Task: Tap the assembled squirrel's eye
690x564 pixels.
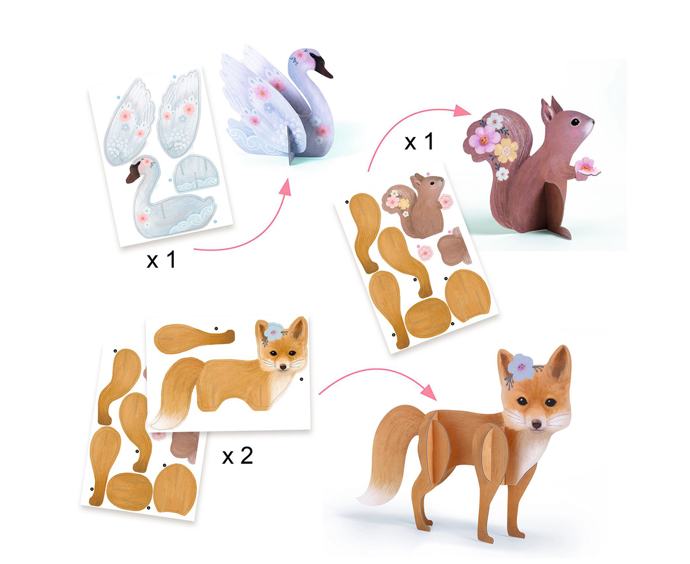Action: click(575, 122)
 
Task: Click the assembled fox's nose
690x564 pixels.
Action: click(537, 425)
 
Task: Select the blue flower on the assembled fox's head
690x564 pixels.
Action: click(521, 367)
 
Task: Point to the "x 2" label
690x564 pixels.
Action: click(238, 456)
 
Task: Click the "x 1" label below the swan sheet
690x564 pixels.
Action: click(161, 260)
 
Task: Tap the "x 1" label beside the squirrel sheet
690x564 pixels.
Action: click(419, 142)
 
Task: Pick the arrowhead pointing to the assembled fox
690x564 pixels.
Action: click(429, 392)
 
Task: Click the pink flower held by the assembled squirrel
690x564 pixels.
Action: click(586, 167)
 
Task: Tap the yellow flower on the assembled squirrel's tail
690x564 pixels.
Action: click(506, 151)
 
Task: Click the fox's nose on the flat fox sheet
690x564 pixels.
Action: click(283, 367)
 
